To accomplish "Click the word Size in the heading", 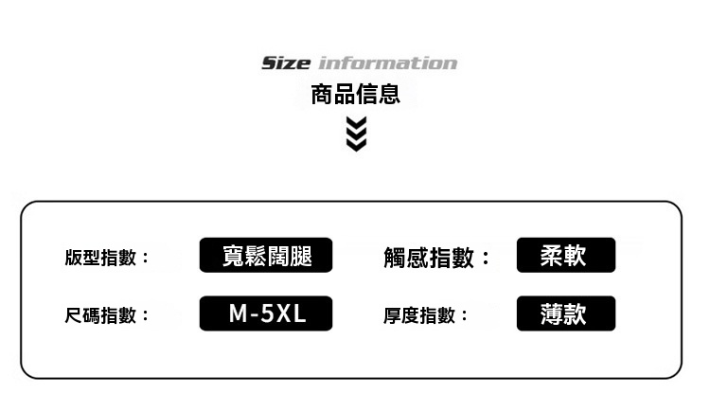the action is tap(286, 63).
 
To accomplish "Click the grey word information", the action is tap(388, 63).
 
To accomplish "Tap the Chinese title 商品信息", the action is tap(355, 95).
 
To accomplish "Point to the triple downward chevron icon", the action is tap(356, 134).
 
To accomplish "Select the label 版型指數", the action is tap(100, 258).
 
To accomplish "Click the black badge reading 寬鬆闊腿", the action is tap(266, 255).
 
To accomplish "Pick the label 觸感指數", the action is tap(428, 258).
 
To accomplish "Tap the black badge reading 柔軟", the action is tap(566, 255).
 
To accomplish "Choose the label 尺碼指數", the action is tap(100, 315).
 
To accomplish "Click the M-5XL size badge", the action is tap(266, 313).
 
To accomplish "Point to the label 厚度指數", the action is tap(419, 315).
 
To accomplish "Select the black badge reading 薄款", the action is tap(566, 313).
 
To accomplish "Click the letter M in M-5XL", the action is tap(238, 313).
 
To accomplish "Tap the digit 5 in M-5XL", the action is tap(268, 313).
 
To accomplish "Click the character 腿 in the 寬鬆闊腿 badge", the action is tap(301, 256).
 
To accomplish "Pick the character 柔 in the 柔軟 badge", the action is tap(552, 255).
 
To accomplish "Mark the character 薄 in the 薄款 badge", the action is tap(552, 313).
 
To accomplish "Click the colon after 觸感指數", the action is tap(486, 258).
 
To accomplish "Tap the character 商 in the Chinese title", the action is tap(322, 95).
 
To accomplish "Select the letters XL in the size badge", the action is tap(292, 313).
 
